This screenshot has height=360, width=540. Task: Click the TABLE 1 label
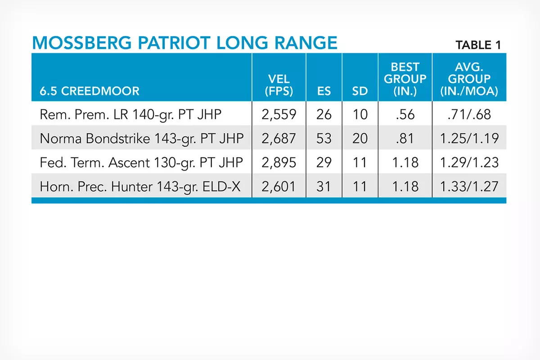click(x=478, y=45)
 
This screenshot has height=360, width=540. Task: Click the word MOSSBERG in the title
click(x=82, y=43)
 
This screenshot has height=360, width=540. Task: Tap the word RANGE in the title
click(x=306, y=43)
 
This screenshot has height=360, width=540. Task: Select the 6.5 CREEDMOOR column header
click(x=90, y=91)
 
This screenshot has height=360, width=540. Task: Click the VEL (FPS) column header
click(x=279, y=85)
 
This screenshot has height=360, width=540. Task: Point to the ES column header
click(x=324, y=91)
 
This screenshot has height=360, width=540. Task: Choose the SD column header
click(x=360, y=91)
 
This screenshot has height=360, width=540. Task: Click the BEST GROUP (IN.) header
click(x=405, y=79)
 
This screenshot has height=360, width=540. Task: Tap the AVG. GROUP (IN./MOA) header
click(x=469, y=79)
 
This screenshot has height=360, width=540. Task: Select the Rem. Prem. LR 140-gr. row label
click(x=130, y=115)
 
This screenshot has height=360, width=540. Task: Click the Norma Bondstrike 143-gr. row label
click(x=141, y=139)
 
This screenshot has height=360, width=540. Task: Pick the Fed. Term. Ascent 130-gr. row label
click(x=141, y=162)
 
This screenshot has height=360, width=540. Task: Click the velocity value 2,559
click(x=279, y=115)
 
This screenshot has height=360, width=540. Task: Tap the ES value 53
click(x=324, y=139)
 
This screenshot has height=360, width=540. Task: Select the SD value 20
click(x=360, y=139)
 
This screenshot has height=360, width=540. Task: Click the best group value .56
click(x=405, y=115)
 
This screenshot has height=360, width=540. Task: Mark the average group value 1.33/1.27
click(x=469, y=186)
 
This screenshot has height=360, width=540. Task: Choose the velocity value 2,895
click(x=279, y=162)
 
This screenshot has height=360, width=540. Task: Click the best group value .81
click(x=405, y=139)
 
